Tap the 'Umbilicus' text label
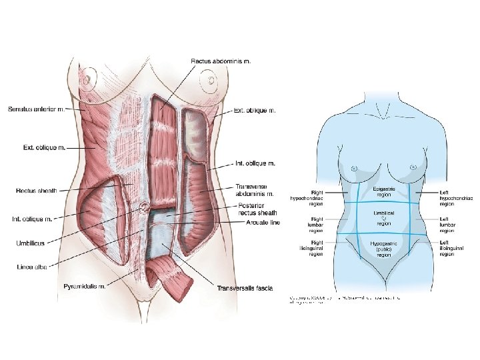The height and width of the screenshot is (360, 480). point(31,243)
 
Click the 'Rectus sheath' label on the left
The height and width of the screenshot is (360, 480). point(37,191)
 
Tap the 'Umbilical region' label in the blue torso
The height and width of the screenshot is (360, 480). point(383,216)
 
